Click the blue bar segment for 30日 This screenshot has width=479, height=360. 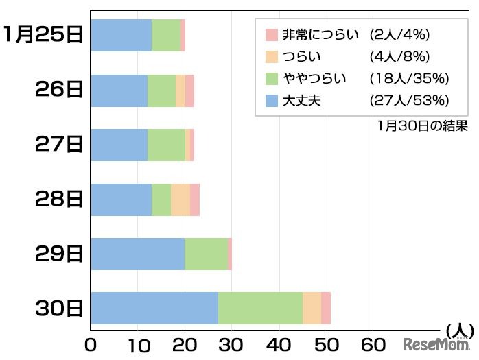(x=154, y=308)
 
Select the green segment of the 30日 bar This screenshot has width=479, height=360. (x=260, y=308)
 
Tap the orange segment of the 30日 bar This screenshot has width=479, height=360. (x=312, y=308)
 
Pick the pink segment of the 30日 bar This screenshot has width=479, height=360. (x=326, y=308)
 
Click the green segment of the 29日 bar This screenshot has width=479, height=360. (x=206, y=254)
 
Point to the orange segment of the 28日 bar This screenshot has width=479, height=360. (x=180, y=200)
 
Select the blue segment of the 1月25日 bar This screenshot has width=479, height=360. (x=121, y=36)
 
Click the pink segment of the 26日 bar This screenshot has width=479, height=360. (x=189, y=91)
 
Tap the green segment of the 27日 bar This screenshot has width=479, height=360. (x=166, y=145)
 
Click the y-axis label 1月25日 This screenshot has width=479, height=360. (x=43, y=35)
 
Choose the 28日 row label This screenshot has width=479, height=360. (x=60, y=200)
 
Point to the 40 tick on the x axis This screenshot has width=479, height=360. (x=279, y=344)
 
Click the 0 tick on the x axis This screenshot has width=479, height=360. (x=91, y=344)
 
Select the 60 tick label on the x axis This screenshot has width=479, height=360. (x=373, y=344)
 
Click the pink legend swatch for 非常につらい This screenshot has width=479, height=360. (x=271, y=34)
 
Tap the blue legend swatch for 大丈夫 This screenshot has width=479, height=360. (x=271, y=101)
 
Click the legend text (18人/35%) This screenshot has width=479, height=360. (x=410, y=78)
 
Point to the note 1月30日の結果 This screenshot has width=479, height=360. (x=422, y=125)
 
